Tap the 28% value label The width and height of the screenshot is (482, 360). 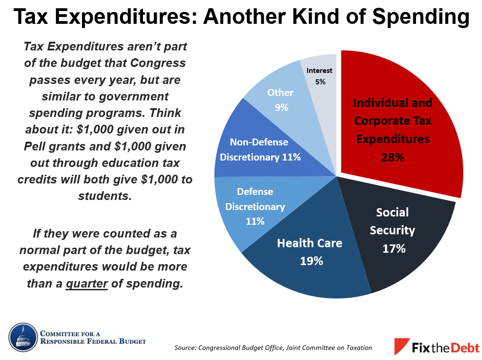[x=393, y=157]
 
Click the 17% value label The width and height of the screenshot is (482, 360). [x=394, y=249]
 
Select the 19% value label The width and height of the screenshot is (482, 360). [x=312, y=261]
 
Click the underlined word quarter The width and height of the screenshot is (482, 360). [x=87, y=284]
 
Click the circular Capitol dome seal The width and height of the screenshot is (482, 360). [x=22, y=337]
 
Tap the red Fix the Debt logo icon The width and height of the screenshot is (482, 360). [x=402, y=346]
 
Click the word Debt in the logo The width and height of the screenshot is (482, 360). [x=462, y=347]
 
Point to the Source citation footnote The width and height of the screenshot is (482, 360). [x=273, y=348]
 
